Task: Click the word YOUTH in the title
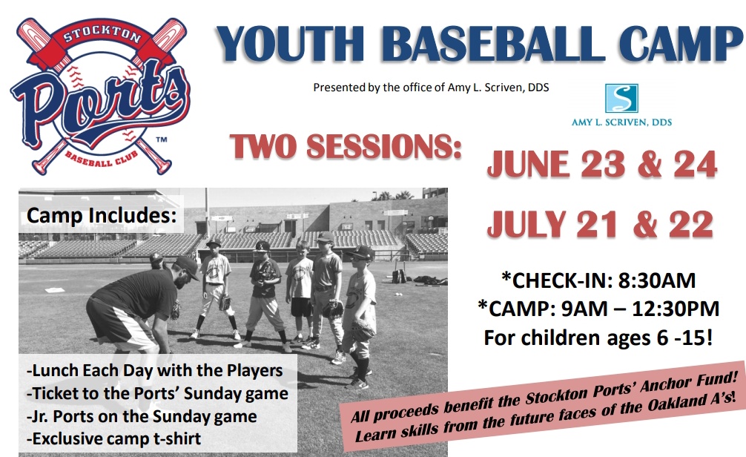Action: pyautogui.click(x=290, y=43)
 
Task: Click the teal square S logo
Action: pyautogui.click(x=621, y=98)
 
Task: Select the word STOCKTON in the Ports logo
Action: pyautogui.click(x=102, y=33)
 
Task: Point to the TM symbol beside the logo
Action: pyautogui.click(x=162, y=140)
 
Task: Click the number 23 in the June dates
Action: pyautogui.click(x=603, y=164)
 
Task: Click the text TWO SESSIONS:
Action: pyautogui.click(x=346, y=146)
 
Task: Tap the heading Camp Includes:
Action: pyautogui.click(x=102, y=215)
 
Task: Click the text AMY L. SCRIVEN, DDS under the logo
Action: pyautogui.click(x=621, y=122)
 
